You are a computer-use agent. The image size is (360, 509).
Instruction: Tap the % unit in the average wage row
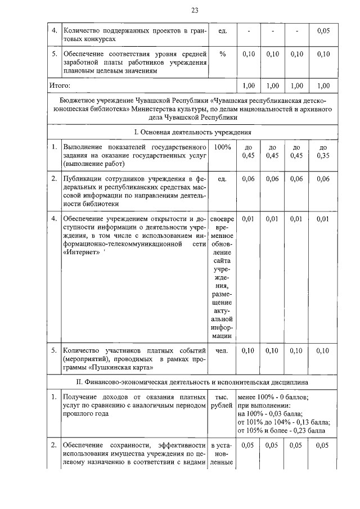[x=222, y=54]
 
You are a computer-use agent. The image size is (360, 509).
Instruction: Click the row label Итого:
[x=59, y=85]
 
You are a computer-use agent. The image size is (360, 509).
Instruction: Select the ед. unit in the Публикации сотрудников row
[x=222, y=178]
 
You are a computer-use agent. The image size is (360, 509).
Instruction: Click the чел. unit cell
[x=222, y=351]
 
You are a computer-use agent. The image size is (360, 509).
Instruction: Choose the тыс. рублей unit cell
[x=222, y=401]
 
